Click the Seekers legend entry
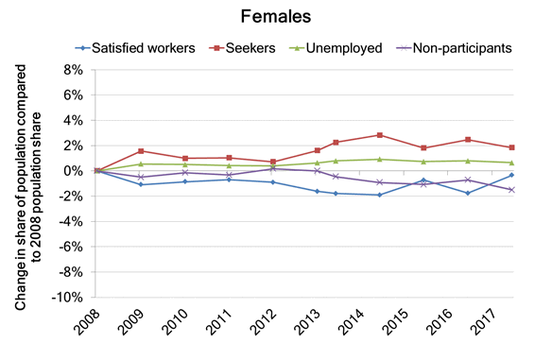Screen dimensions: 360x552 coord(249,45)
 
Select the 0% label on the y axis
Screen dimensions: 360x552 coord(76,171)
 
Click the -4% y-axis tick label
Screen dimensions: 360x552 coord(73,221)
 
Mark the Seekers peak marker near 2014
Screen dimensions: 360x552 coord(379,135)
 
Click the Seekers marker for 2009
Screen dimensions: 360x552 coord(141,151)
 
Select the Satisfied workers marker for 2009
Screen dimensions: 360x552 coord(141,184)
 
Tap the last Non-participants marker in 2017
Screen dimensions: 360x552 coord(511,190)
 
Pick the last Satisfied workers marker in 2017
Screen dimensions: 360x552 coord(511,175)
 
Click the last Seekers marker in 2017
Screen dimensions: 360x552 coord(511,147)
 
